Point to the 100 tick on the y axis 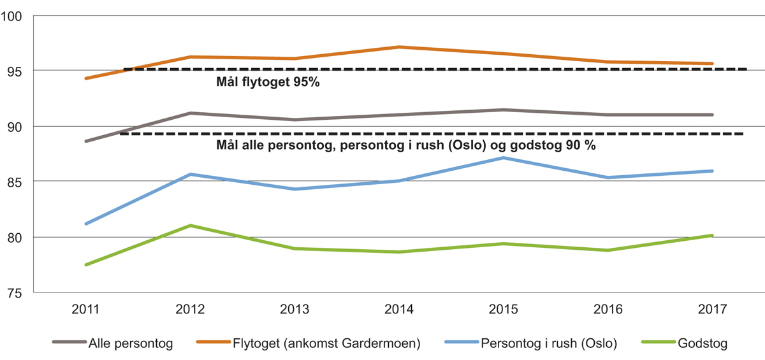point(12,15)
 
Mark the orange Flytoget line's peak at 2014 point(399,47)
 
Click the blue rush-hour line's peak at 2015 point(504,157)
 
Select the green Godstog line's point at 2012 point(190,226)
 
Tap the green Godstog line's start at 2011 point(85,264)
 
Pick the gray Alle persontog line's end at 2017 point(712,115)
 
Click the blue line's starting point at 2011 point(85,224)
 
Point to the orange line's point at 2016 point(608,62)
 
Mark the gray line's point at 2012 point(190,113)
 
